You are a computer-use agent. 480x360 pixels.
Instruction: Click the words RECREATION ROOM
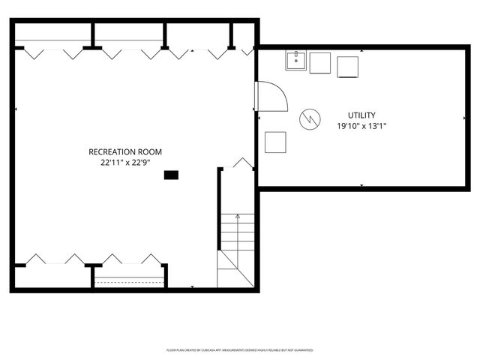point(125,151)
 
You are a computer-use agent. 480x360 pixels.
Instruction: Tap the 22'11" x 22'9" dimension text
point(125,162)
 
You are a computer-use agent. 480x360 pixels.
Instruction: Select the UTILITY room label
point(361,115)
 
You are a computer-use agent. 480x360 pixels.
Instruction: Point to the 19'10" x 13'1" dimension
point(361,126)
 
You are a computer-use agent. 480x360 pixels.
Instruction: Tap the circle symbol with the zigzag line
point(308,118)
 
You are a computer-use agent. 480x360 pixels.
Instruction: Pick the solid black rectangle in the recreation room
point(172,175)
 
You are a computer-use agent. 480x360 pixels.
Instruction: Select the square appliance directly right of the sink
point(320,63)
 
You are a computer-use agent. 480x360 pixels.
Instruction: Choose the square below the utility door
point(275,142)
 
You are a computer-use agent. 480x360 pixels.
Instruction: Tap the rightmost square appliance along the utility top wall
point(348,67)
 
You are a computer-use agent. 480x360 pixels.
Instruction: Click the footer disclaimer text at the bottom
point(239,349)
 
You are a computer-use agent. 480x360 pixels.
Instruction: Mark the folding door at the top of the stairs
point(243,163)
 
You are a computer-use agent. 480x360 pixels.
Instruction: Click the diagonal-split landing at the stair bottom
point(235,270)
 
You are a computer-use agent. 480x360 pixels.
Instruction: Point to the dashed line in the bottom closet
point(129,280)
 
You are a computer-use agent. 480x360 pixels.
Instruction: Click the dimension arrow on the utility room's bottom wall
point(361,185)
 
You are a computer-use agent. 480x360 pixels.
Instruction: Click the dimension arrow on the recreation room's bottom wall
point(193,286)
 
